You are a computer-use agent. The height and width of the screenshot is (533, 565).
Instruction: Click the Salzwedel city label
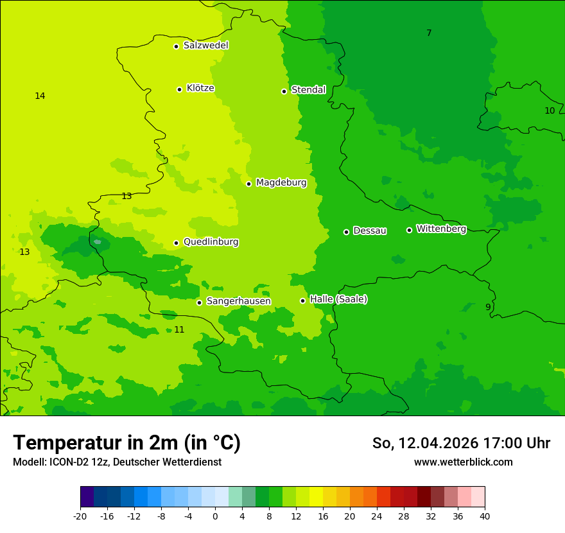click(205, 46)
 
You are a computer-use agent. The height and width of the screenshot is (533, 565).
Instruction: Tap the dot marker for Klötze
click(179, 89)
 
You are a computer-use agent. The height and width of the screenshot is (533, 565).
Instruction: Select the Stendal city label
click(308, 90)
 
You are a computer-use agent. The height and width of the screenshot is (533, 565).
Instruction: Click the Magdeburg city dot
click(248, 184)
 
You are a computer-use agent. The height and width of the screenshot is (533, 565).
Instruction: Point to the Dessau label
click(370, 231)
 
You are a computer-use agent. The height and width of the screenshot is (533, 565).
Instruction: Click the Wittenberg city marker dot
click(409, 230)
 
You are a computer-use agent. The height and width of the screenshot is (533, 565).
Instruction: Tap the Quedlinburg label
click(211, 242)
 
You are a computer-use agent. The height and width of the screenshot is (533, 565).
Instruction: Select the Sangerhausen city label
click(238, 301)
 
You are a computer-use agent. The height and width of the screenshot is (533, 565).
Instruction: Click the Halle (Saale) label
click(338, 299)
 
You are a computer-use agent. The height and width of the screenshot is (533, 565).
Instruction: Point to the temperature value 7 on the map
click(429, 33)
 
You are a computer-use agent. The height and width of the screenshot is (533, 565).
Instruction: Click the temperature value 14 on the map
click(40, 96)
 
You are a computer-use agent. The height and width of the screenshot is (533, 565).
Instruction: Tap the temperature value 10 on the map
click(550, 110)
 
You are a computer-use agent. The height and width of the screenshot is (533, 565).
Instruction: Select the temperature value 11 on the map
click(179, 329)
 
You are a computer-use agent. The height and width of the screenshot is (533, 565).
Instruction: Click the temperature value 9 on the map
click(488, 308)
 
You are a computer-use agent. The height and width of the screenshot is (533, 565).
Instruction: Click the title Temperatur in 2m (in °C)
click(126, 442)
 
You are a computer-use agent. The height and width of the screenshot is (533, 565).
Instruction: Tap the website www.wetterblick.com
click(463, 462)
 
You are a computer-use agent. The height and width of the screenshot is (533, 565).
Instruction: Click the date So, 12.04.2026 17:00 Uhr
click(461, 443)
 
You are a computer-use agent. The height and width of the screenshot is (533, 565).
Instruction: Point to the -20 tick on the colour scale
click(80, 516)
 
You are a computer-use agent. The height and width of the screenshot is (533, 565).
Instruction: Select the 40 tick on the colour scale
click(484, 516)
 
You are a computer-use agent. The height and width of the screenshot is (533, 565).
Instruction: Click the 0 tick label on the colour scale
click(215, 516)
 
